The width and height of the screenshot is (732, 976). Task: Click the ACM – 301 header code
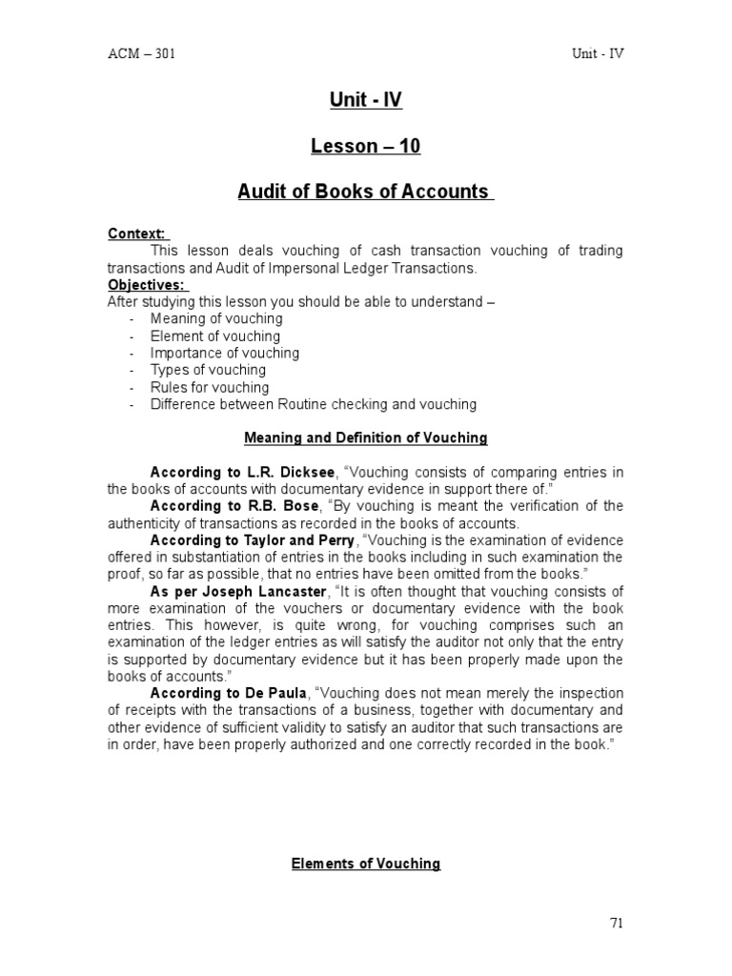[141, 53]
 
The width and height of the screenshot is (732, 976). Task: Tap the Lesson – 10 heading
[365, 146]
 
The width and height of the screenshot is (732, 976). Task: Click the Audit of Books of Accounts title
[364, 192]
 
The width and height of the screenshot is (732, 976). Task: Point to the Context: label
[137, 234]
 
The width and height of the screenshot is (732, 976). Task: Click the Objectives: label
[147, 285]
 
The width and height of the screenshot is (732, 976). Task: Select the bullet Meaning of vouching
[216, 319]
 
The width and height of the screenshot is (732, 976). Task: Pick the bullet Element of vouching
[215, 336]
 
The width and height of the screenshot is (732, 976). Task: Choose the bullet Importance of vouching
[225, 354]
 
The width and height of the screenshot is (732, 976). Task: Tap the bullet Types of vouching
[209, 371]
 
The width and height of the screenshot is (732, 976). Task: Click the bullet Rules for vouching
[210, 388]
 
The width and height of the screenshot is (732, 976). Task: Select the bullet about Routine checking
[314, 405]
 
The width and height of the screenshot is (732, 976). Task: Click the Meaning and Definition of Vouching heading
[365, 438]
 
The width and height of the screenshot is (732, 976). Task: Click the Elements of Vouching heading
[365, 864]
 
